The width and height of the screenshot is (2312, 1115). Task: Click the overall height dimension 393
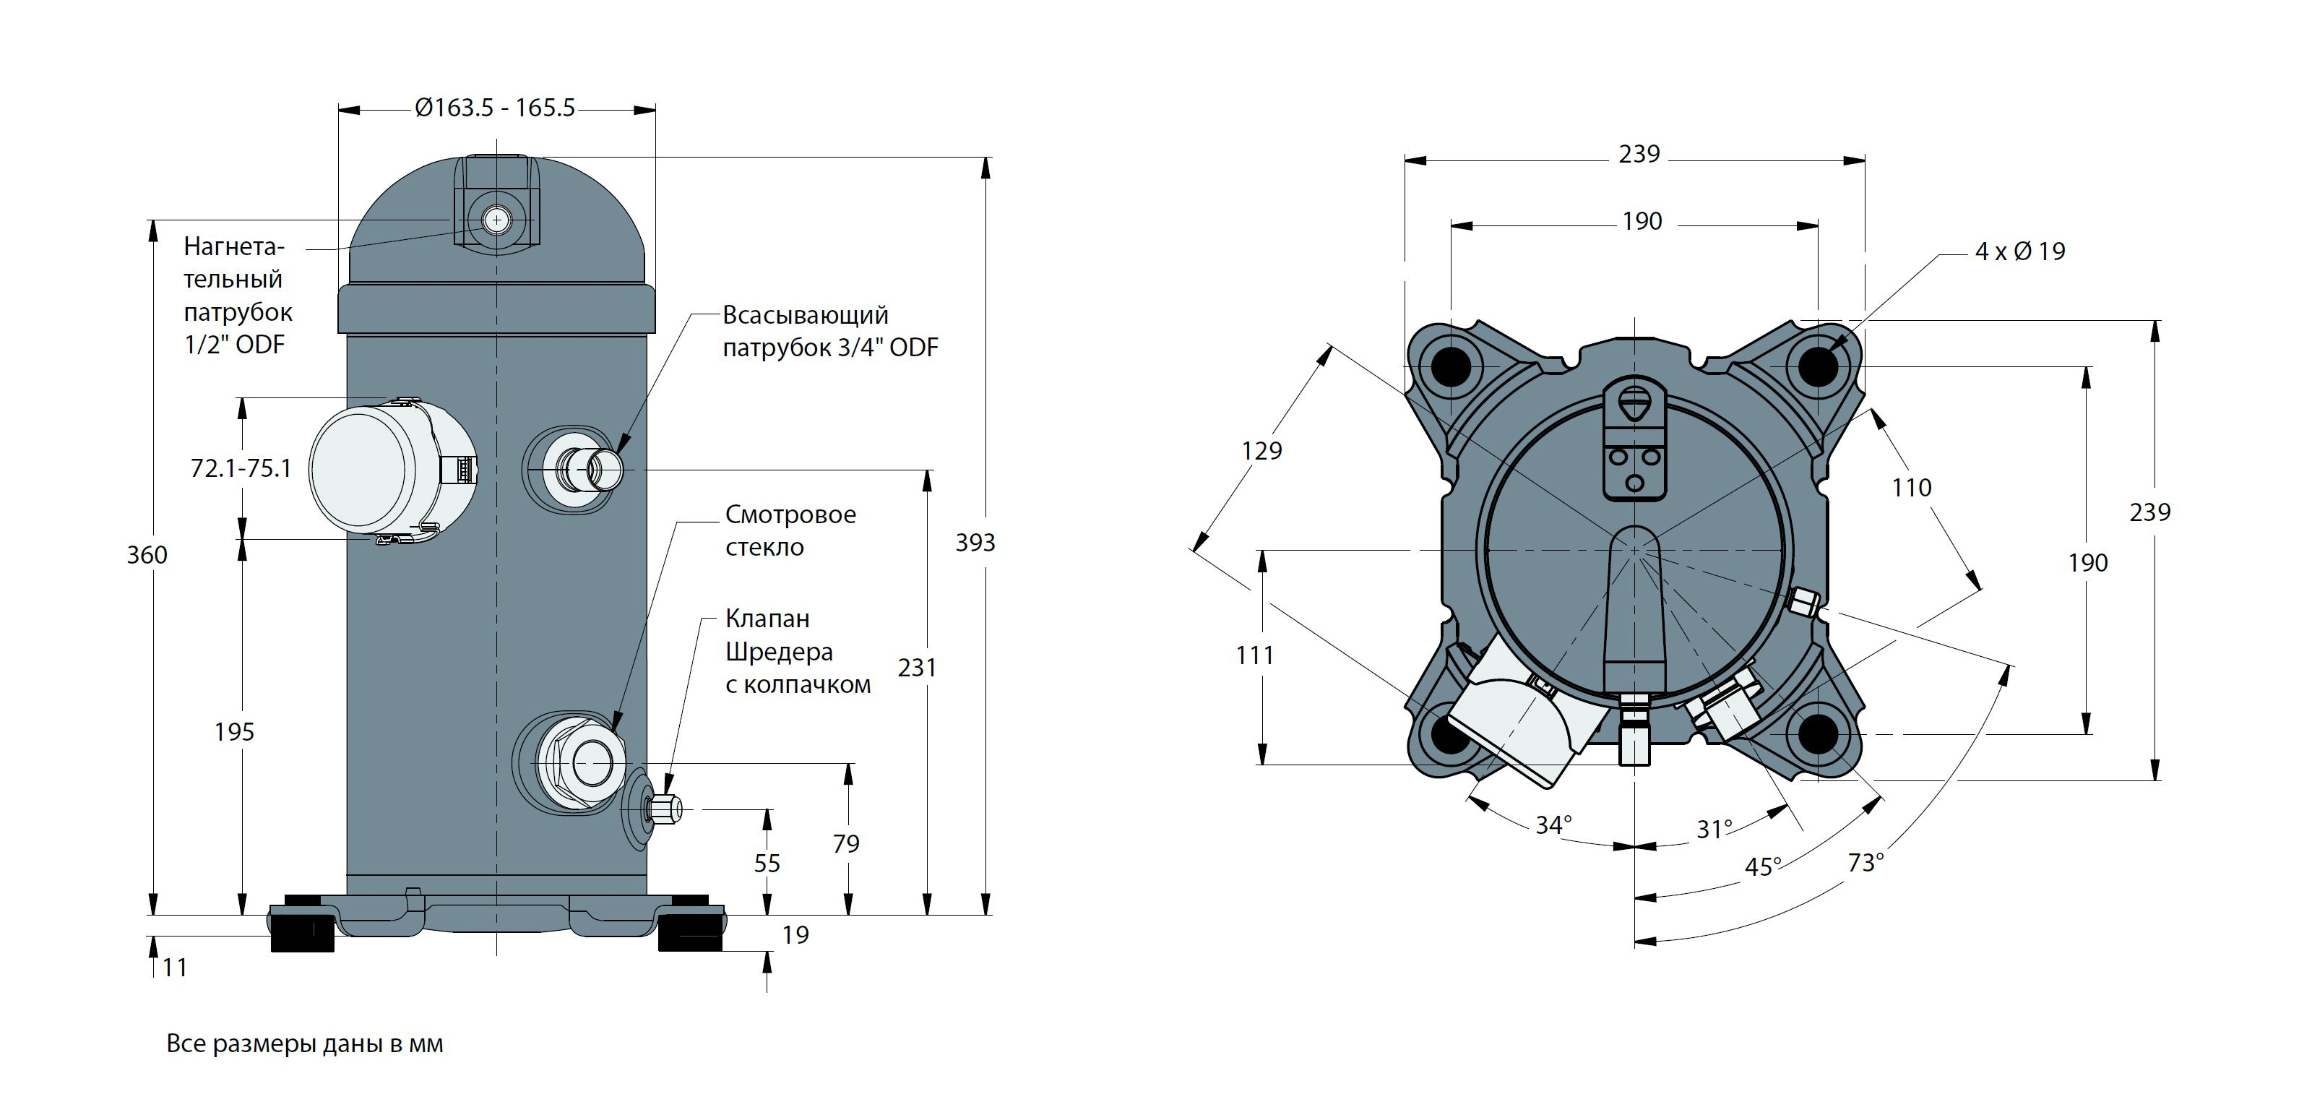pyautogui.click(x=975, y=542)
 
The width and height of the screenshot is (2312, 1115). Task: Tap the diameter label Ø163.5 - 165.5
pyautogui.click(x=494, y=108)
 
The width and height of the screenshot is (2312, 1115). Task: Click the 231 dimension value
pyautogui.click(x=916, y=667)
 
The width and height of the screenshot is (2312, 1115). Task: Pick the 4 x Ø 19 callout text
pyautogui.click(x=2019, y=251)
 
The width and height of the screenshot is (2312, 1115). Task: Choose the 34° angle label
pyautogui.click(x=1553, y=824)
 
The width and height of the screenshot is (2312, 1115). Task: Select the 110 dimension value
pyautogui.click(x=1911, y=488)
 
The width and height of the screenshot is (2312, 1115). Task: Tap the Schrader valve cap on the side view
pyautogui.click(x=666, y=808)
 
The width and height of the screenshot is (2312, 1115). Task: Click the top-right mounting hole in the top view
pyautogui.click(x=1818, y=366)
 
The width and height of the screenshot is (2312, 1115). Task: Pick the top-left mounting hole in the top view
pyautogui.click(x=1450, y=366)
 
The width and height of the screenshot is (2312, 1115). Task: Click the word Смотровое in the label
pyautogui.click(x=790, y=515)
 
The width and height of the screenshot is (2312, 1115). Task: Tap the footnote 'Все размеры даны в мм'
pyautogui.click(x=304, y=1044)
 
